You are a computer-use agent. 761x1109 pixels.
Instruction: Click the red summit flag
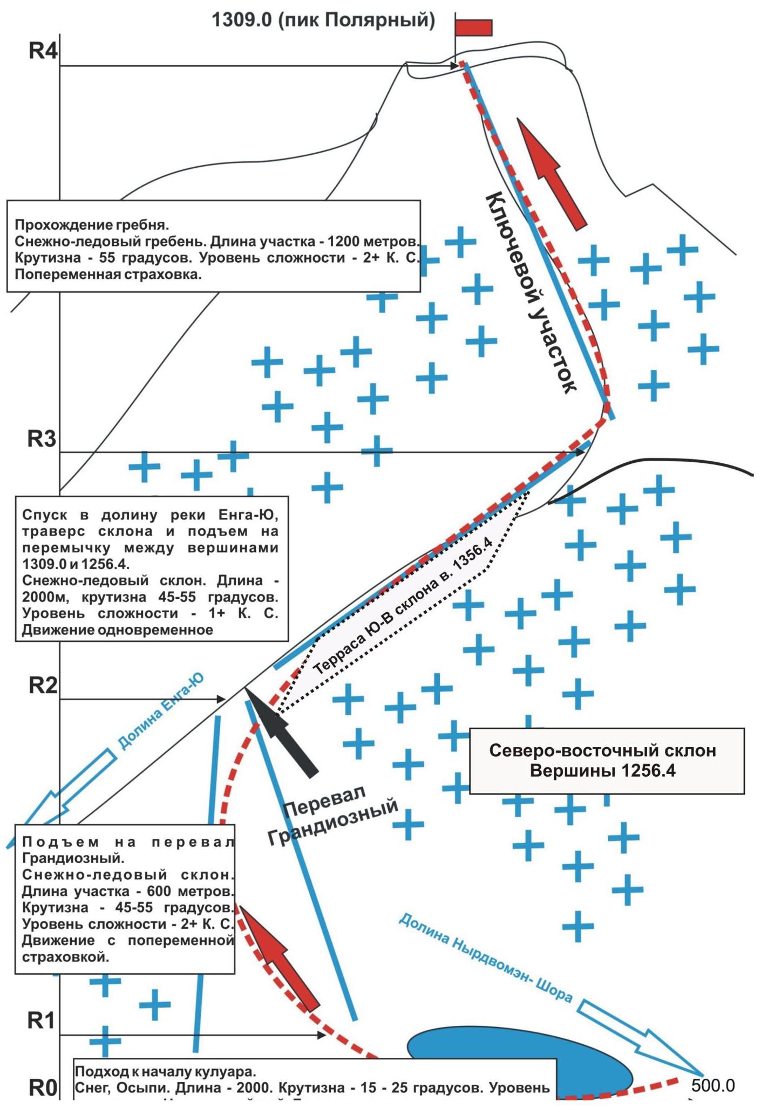pyautogui.click(x=473, y=28)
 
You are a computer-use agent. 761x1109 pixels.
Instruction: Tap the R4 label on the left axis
pyautogui.click(x=42, y=51)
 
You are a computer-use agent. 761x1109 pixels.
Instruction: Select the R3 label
pyautogui.click(x=42, y=440)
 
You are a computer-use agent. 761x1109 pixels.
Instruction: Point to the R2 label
pyautogui.click(x=43, y=686)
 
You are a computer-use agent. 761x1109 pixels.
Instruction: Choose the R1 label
pyautogui.click(x=41, y=1021)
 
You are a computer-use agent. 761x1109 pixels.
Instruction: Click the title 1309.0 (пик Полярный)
pyautogui.click(x=323, y=20)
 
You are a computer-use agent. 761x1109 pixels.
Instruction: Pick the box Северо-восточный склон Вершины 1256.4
pyautogui.click(x=606, y=761)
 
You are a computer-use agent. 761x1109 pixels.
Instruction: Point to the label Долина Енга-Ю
pyautogui.click(x=160, y=711)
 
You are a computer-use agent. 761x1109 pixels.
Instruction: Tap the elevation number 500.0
pyautogui.click(x=712, y=1085)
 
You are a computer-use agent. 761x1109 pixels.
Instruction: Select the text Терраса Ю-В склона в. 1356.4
pyautogui.click(x=402, y=606)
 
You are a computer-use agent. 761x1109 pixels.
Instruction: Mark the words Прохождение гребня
pyautogui.click(x=92, y=224)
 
